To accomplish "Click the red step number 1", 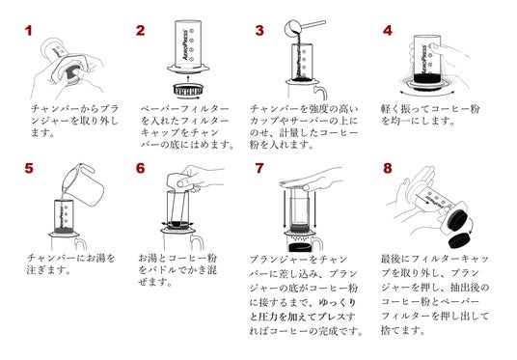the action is [x=28, y=31].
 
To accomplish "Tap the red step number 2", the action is [x=140, y=30].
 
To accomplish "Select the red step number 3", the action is [x=259, y=30].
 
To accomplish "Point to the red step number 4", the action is [x=388, y=30].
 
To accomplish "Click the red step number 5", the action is [x=29, y=168].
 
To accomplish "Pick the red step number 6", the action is [x=141, y=168].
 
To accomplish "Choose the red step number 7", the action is [x=259, y=168].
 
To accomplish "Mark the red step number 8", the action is [x=388, y=168].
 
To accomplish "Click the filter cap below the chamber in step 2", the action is [x=188, y=89].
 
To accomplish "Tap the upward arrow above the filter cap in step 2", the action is [x=188, y=78].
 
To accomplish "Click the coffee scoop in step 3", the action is [x=305, y=26].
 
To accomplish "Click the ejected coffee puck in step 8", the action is [x=458, y=240].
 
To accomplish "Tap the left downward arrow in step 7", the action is [x=285, y=208].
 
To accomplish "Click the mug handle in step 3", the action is [x=321, y=92].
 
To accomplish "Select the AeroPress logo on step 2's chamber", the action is [x=185, y=45].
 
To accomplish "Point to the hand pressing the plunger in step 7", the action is [x=312, y=180].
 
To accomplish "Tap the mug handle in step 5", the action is [x=81, y=243].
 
